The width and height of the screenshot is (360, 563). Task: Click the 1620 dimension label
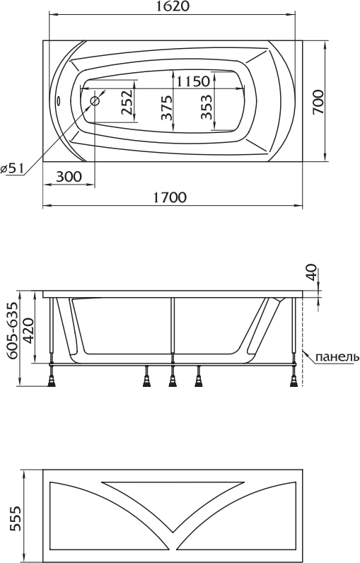pos(172,6)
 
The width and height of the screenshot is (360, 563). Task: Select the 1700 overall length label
pos(170,197)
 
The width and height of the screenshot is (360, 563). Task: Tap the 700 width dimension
pos(318,103)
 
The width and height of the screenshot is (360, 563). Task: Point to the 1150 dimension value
pos(193,81)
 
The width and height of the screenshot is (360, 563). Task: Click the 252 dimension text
pos(127,102)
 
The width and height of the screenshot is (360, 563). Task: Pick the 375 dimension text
pos(166,108)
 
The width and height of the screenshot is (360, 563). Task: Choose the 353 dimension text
pos(206,107)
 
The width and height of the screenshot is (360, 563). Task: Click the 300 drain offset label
pos(69,177)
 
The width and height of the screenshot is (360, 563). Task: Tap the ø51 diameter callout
pos(12,168)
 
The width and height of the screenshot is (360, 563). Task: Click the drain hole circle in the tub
pos(95,101)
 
